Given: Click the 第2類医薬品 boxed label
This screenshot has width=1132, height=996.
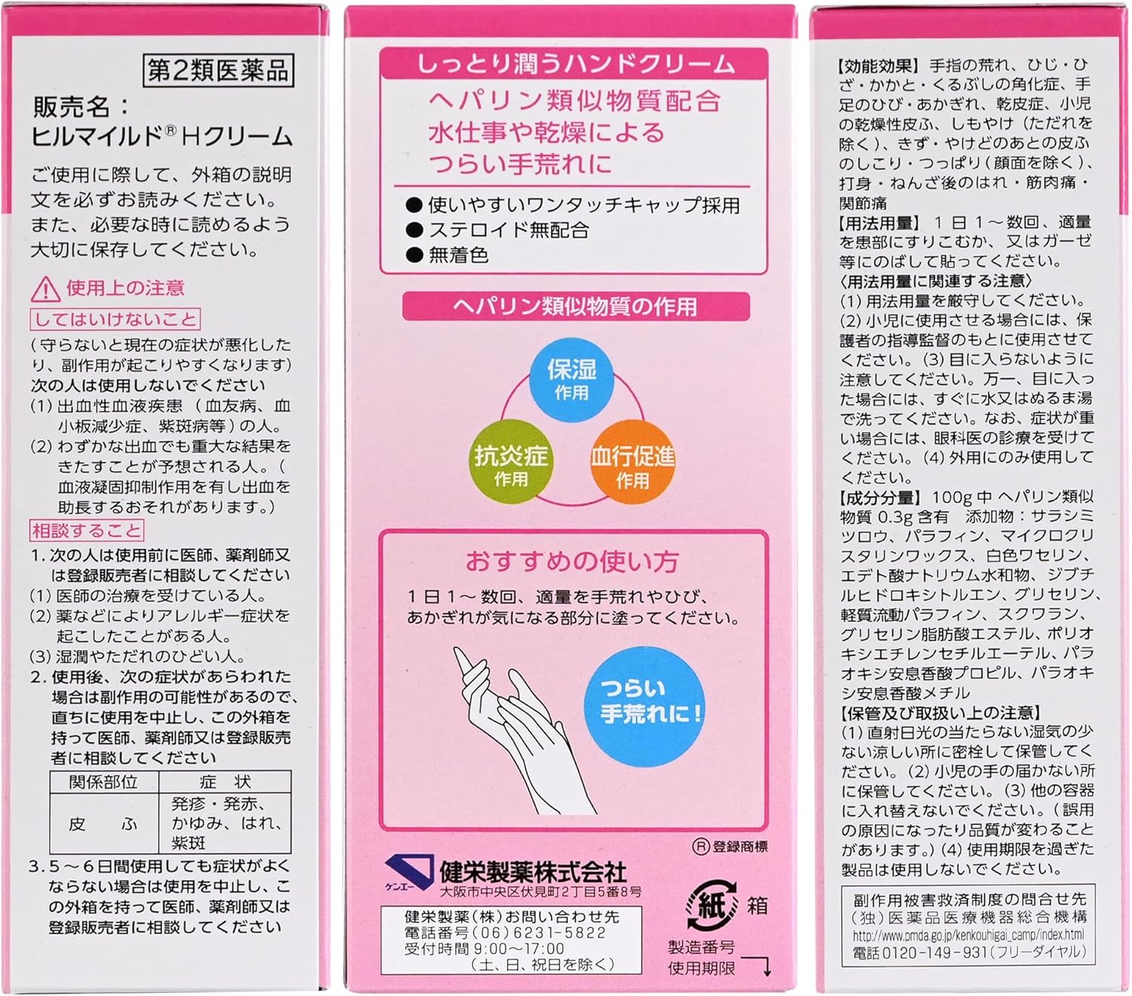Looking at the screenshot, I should click(217, 71).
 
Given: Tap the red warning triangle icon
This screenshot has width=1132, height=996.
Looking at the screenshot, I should click(45, 289).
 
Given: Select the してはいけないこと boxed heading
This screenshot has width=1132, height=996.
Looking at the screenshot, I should click(115, 319).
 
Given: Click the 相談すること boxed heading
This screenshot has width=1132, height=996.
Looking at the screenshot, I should click(87, 530).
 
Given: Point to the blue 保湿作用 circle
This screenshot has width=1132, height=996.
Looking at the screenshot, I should click(571, 379).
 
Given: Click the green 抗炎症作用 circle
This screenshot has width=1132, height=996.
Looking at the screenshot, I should click(511, 464).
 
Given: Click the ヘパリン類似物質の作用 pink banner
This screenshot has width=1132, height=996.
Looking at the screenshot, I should click(575, 306).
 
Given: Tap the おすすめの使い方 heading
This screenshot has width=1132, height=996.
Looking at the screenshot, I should click(572, 561).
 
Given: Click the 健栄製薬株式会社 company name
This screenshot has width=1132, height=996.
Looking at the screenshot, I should click(533, 872).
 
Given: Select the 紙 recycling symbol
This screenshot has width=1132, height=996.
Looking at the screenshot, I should click(710, 905).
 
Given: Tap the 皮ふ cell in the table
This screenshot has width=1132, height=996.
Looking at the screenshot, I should click(103, 824).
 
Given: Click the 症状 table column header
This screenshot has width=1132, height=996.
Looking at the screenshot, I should click(225, 782).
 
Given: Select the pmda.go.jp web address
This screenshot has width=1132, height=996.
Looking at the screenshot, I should click(968, 936).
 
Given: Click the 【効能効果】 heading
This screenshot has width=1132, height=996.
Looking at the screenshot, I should click(878, 66).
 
